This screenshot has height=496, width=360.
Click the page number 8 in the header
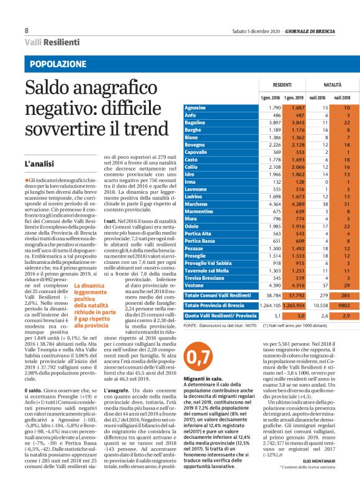(x=27, y=30)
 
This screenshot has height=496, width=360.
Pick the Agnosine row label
(x=196, y=108)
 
